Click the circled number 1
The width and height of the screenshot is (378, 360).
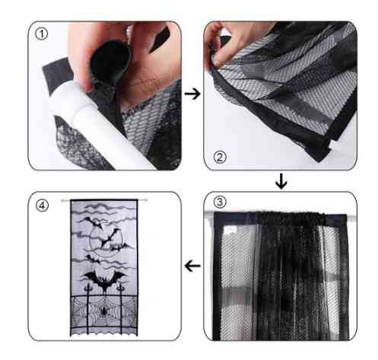click(x=41, y=34)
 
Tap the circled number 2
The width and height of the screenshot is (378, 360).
click(x=220, y=158)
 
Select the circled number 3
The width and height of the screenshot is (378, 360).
click(x=220, y=202)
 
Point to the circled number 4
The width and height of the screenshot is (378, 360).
click(x=42, y=205)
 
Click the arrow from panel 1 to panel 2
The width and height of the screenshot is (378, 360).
click(x=192, y=94)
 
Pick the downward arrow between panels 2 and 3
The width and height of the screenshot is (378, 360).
click(x=281, y=181)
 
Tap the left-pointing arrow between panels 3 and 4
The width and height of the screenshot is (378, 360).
click(x=192, y=266)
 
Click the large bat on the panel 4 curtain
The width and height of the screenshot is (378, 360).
click(x=103, y=280)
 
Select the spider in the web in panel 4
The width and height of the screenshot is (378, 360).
click(x=104, y=311)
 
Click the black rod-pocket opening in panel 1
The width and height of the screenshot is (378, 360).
click(x=110, y=59)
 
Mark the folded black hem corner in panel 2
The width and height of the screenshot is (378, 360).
click(x=322, y=152)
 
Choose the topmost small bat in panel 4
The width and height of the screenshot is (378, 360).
click(x=94, y=222)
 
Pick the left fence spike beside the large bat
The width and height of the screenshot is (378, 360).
click(x=88, y=288)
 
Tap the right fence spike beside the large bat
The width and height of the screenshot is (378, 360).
click(x=121, y=288)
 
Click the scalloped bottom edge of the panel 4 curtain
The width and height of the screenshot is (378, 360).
click(x=104, y=334)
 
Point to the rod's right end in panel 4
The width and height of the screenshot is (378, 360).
click(x=146, y=200)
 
